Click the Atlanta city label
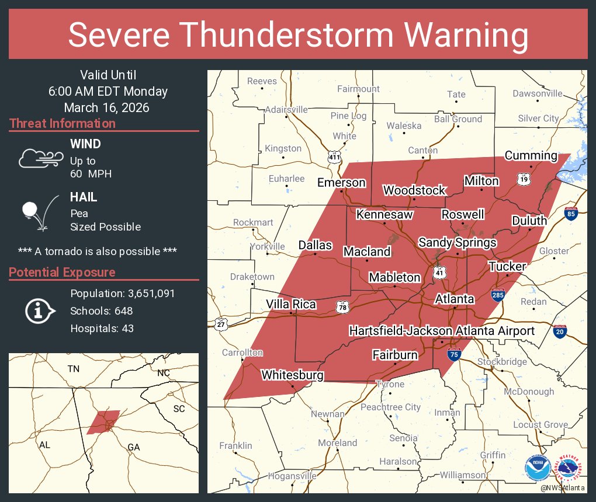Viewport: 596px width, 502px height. pos(455,299)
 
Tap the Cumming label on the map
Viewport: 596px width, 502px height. pos(531,155)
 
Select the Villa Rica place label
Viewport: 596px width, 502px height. pos(291,304)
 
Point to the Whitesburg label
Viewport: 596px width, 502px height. pos(292,375)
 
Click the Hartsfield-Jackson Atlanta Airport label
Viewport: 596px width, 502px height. pos(441,331)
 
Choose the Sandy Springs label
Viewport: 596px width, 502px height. pos(458,242)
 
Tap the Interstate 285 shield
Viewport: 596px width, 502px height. pos(498,296)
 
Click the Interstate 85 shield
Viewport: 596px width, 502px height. pos(571,214)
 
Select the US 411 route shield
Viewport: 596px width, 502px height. pos(334,157)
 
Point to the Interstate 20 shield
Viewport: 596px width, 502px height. pos(560,332)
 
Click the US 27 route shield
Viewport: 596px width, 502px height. pos(220,325)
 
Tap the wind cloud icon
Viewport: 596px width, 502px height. pos(40,158)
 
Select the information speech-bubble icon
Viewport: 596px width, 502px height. pos(39,311)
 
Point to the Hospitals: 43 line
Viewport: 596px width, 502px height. pos(102,329)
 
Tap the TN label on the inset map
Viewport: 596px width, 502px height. pos(73,368)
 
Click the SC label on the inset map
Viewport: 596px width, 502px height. pos(179,409)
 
